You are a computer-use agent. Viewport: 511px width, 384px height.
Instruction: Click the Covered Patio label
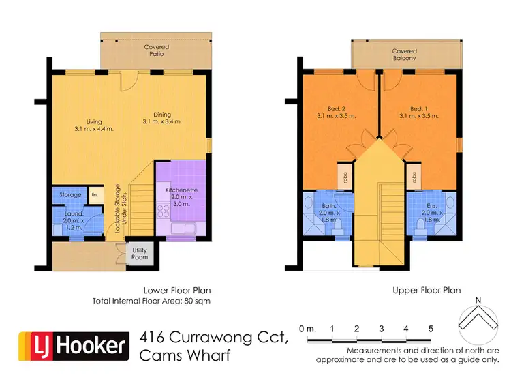tap(156, 51)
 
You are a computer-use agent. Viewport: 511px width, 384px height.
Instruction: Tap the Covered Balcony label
tap(405, 55)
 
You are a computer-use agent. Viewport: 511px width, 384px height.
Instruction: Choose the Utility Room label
tap(140, 254)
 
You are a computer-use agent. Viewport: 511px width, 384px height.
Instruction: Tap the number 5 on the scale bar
tap(431, 329)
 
